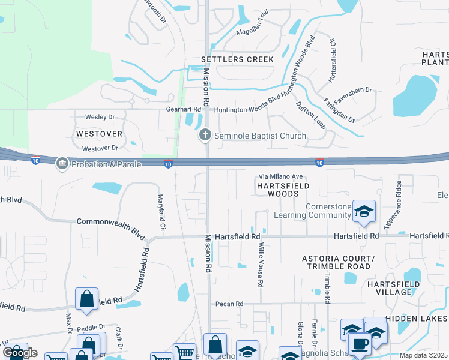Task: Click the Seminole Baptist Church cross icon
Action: pyautogui.click(x=205, y=136)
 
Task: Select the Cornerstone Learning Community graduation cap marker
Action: pyautogui.click(x=364, y=211)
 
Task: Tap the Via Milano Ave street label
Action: pyautogui.click(x=282, y=177)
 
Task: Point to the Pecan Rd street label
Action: pyautogui.click(x=230, y=304)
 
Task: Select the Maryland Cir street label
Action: pyautogui.click(x=161, y=213)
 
